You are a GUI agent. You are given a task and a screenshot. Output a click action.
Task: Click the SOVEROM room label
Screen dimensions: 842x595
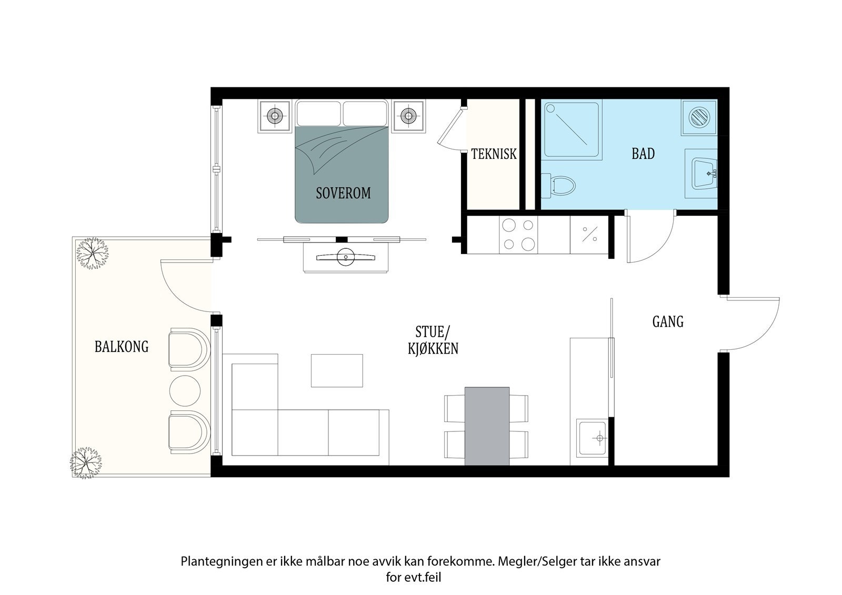(343, 193)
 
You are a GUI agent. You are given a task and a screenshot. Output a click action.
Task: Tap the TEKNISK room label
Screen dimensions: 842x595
(494, 154)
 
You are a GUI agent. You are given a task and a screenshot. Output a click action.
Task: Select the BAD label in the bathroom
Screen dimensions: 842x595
(643, 154)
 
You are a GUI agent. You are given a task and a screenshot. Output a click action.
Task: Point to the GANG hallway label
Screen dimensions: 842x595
(668, 322)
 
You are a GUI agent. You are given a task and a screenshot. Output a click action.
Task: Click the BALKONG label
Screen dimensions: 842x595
(122, 347)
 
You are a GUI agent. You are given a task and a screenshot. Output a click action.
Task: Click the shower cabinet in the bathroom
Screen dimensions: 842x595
(572, 128)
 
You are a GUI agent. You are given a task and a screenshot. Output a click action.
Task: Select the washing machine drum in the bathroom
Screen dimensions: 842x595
(699, 117)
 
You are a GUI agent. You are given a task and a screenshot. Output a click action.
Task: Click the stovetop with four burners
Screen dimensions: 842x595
(518, 235)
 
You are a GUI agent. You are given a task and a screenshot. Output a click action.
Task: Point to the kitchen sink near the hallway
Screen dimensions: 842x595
(593, 438)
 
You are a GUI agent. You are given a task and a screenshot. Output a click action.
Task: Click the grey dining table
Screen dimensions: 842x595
(487, 426)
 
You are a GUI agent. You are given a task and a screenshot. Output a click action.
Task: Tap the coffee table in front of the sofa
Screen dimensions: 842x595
(337, 370)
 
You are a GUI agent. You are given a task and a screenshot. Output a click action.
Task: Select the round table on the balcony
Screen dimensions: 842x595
(185, 391)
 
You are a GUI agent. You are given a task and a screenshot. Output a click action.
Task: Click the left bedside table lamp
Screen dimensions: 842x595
(275, 116)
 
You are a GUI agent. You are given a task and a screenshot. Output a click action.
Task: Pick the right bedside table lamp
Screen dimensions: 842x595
(408, 116)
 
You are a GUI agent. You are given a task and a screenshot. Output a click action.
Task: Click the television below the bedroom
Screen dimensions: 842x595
(345, 257)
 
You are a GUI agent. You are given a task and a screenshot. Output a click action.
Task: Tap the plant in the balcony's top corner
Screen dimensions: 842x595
(92, 254)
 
